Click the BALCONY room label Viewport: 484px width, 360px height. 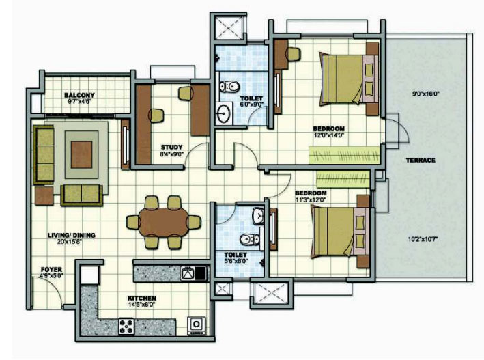point(79,95)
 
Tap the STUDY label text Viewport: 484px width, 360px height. point(171,147)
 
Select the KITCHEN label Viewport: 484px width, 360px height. point(142,299)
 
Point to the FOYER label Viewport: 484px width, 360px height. point(51,270)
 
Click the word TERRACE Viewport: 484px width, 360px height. point(421,160)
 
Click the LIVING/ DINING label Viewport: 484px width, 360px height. point(71,235)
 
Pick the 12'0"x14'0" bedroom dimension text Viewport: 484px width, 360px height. point(328,135)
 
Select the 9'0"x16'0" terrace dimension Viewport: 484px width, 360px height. point(426,94)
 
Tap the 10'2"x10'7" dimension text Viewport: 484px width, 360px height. point(423,239)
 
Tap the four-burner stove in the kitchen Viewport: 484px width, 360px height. point(126,327)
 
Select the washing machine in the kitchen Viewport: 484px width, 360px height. point(196,326)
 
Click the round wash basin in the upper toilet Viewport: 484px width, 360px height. point(223,113)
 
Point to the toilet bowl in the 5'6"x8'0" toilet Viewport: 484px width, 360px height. point(250,239)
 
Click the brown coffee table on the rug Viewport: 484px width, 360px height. point(81,155)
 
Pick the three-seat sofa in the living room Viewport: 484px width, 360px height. point(44,154)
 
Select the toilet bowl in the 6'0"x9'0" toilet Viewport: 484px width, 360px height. point(229,86)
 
